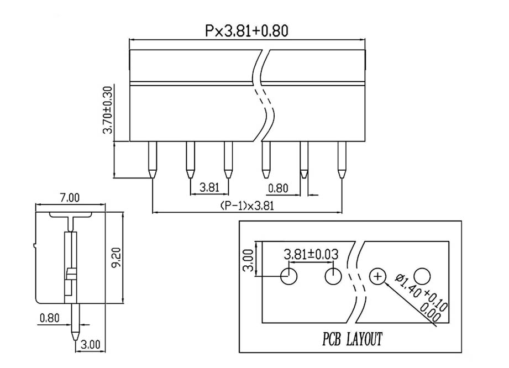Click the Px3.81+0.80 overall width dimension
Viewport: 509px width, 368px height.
click(x=246, y=31)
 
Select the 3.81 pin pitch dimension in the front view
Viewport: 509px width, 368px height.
click(x=209, y=187)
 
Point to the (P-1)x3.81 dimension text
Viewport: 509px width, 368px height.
click(x=247, y=206)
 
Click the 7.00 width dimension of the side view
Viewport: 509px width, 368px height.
click(x=70, y=198)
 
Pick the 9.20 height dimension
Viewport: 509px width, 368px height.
click(x=116, y=258)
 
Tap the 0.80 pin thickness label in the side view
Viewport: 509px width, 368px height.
click(x=50, y=318)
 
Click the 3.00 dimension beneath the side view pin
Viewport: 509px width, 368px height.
click(x=90, y=344)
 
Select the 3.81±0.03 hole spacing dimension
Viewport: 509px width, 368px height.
click(x=311, y=254)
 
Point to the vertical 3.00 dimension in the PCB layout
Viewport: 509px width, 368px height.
click(x=248, y=260)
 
